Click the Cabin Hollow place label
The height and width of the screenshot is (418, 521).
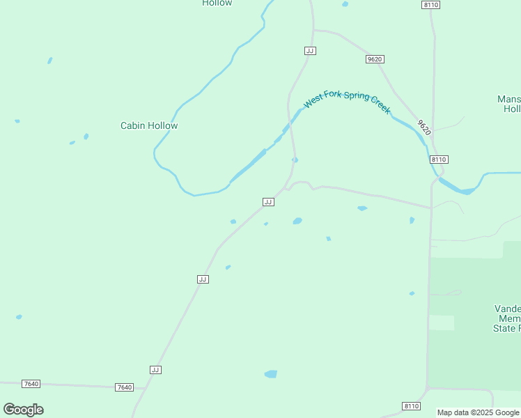[149, 126]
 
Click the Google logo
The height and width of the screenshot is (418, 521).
[23, 410]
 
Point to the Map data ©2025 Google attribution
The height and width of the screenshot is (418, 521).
[479, 412]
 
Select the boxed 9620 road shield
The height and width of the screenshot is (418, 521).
[375, 59]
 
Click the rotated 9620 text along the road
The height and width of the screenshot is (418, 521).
[424, 127]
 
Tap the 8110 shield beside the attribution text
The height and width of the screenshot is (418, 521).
[412, 406]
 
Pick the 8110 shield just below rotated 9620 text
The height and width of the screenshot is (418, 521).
[438, 160]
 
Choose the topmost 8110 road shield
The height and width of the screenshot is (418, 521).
[430, 5]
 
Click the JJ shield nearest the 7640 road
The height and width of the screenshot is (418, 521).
[155, 369]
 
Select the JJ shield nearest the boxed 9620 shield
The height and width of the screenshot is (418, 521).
[311, 51]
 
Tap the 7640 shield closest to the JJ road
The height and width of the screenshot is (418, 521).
[124, 387]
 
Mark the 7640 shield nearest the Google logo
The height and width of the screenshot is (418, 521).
[31, 384]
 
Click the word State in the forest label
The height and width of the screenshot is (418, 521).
[506, 328]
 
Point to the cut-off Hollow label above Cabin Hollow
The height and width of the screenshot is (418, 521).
[217, 3]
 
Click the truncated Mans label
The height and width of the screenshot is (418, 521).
[509, 99]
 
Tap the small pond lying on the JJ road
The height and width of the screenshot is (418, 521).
[295, 160]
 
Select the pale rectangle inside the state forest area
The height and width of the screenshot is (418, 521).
[441, 323]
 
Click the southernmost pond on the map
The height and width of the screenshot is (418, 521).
[271, 374]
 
